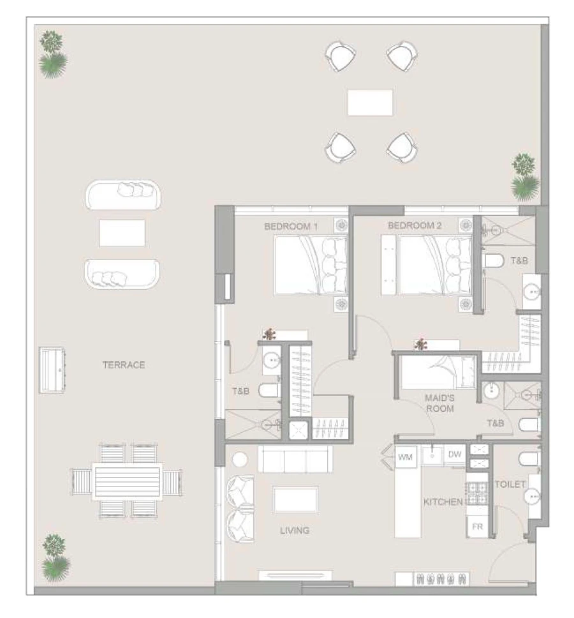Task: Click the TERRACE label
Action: point(124,365)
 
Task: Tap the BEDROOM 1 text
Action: point(291,226)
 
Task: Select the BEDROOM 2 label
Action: point(415,226)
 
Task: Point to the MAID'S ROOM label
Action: point(439,403)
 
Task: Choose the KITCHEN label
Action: point(443,502)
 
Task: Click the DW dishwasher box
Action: point(455,455)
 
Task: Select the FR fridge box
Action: point(476,527)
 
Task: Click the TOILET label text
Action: point(510,485)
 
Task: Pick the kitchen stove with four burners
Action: point(476,494)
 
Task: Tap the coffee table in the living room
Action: point(295,499)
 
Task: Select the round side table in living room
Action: point(239,460)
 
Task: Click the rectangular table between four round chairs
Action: point(370,102)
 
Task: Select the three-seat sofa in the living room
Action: point(295,459)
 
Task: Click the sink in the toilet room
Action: point(534,493)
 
